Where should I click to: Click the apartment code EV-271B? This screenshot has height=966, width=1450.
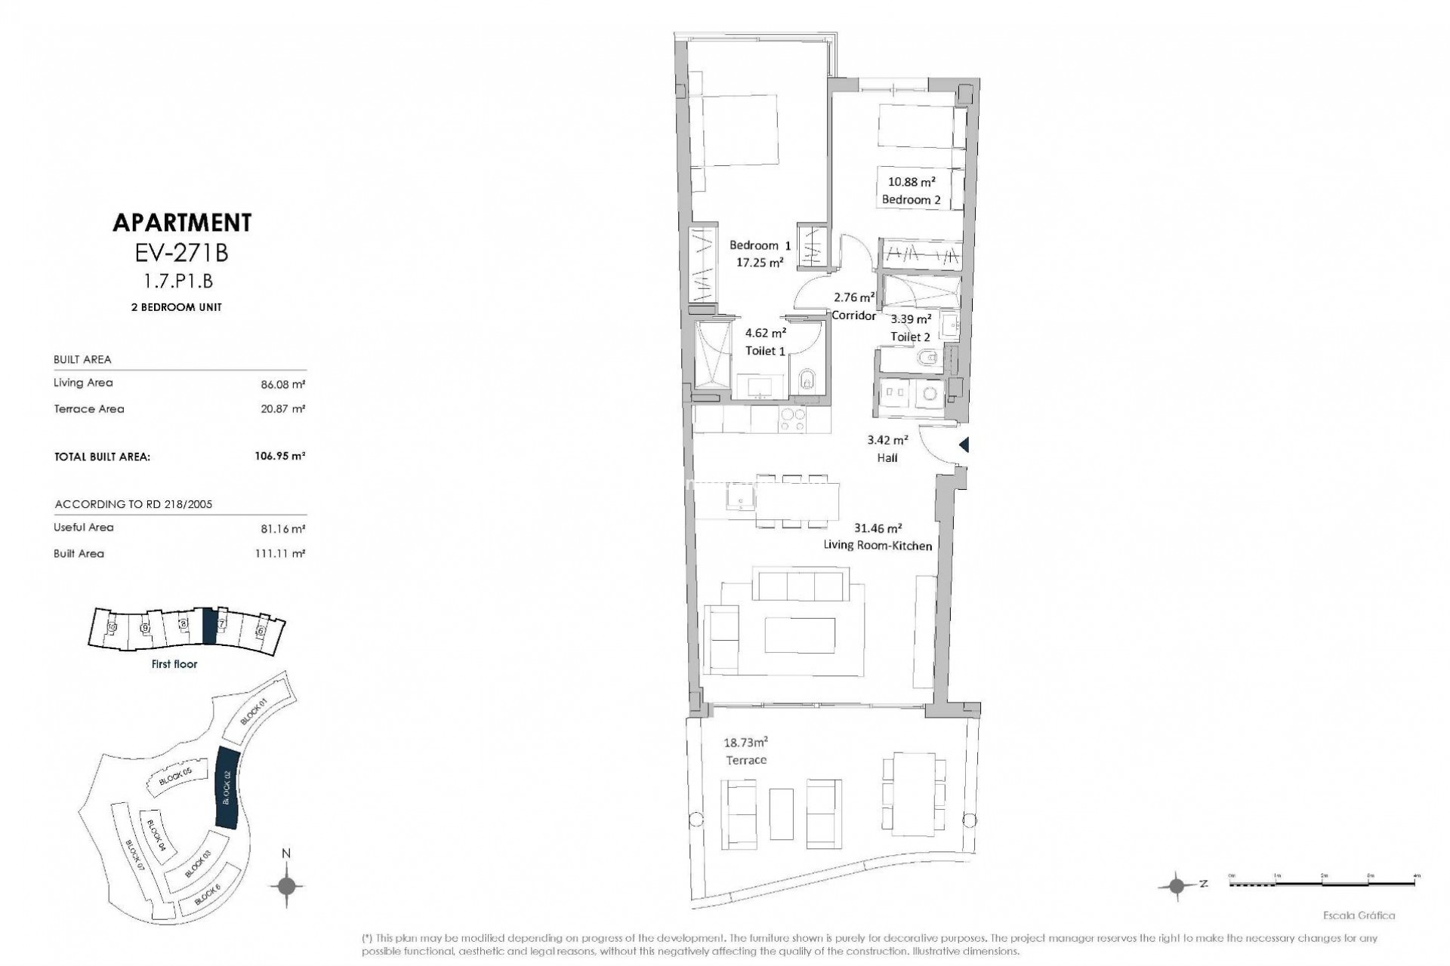[181, 252]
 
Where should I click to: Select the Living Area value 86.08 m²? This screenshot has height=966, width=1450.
[282, 384]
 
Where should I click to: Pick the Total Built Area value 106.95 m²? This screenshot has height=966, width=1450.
[280, 456]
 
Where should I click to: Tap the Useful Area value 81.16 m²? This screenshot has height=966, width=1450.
[282, 529]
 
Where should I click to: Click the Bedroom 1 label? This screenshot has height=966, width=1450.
[760, 245]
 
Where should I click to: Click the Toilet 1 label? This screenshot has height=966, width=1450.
[765, 351]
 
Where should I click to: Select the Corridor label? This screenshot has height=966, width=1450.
[853, 315]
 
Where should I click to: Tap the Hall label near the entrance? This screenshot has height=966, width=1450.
[887, 457]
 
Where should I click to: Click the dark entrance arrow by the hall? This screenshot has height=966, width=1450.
[964, 445]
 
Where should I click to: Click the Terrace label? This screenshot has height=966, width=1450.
[746, 760]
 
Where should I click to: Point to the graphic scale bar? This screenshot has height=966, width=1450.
[1325, 884]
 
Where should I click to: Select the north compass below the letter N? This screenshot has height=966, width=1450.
[286, 885]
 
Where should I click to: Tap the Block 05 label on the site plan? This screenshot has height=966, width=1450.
[176, 777]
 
